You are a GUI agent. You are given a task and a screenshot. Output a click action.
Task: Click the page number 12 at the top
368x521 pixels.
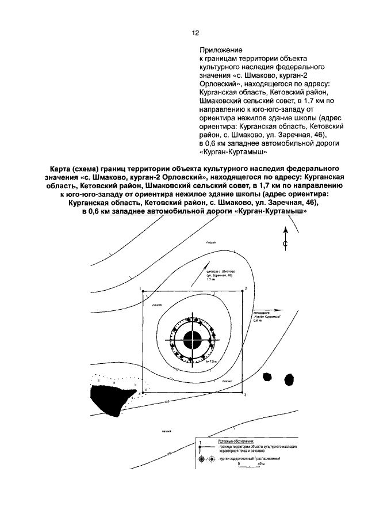[x=195, y=33]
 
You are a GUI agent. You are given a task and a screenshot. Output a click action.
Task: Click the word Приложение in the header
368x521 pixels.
[x=221, y=51]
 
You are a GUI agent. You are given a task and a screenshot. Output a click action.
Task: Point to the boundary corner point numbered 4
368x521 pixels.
[x=142, y=392]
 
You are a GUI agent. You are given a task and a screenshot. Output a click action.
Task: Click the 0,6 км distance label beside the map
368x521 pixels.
[x=257, y=322]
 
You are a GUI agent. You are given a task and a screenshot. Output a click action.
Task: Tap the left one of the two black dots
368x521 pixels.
[x=267, y=376]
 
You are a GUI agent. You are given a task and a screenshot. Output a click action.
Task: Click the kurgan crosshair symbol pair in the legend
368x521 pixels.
[x=205, y=458]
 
